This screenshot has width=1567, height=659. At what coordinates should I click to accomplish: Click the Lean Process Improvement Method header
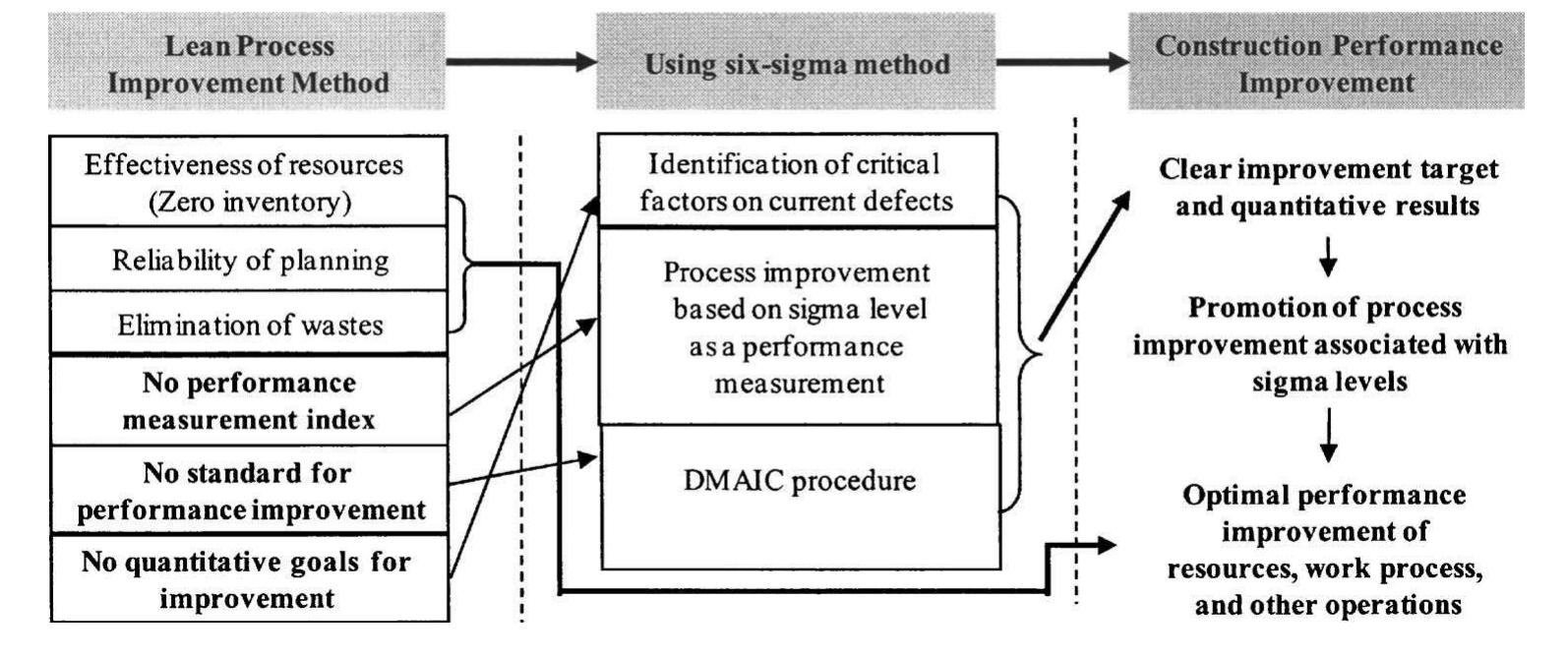point(247,64)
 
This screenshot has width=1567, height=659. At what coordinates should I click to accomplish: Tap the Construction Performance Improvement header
point(1326,64)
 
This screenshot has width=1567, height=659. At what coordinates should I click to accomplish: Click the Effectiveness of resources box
point(247,182)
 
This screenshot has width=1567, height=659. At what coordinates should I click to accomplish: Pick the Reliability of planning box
point(249,261)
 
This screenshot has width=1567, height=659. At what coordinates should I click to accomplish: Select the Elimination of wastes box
point(249,325)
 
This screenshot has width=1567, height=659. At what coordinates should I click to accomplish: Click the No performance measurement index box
point(249,400)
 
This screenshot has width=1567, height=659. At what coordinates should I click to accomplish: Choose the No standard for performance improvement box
point(249,491)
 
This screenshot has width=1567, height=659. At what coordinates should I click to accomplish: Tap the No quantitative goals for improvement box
point(249,579)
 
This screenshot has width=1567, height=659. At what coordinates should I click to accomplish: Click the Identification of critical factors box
point(797,182)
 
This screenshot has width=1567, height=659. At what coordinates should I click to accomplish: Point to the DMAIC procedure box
point(797,496)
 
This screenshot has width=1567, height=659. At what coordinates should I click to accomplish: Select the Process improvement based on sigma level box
point(797,327)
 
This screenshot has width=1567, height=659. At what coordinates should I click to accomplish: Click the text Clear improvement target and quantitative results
point(1328,187)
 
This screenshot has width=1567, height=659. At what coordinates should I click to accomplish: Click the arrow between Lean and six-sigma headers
point(521,62)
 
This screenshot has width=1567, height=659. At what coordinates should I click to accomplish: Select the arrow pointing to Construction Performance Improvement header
point(1062,62)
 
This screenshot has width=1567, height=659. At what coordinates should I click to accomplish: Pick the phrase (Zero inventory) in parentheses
point(249,203)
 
